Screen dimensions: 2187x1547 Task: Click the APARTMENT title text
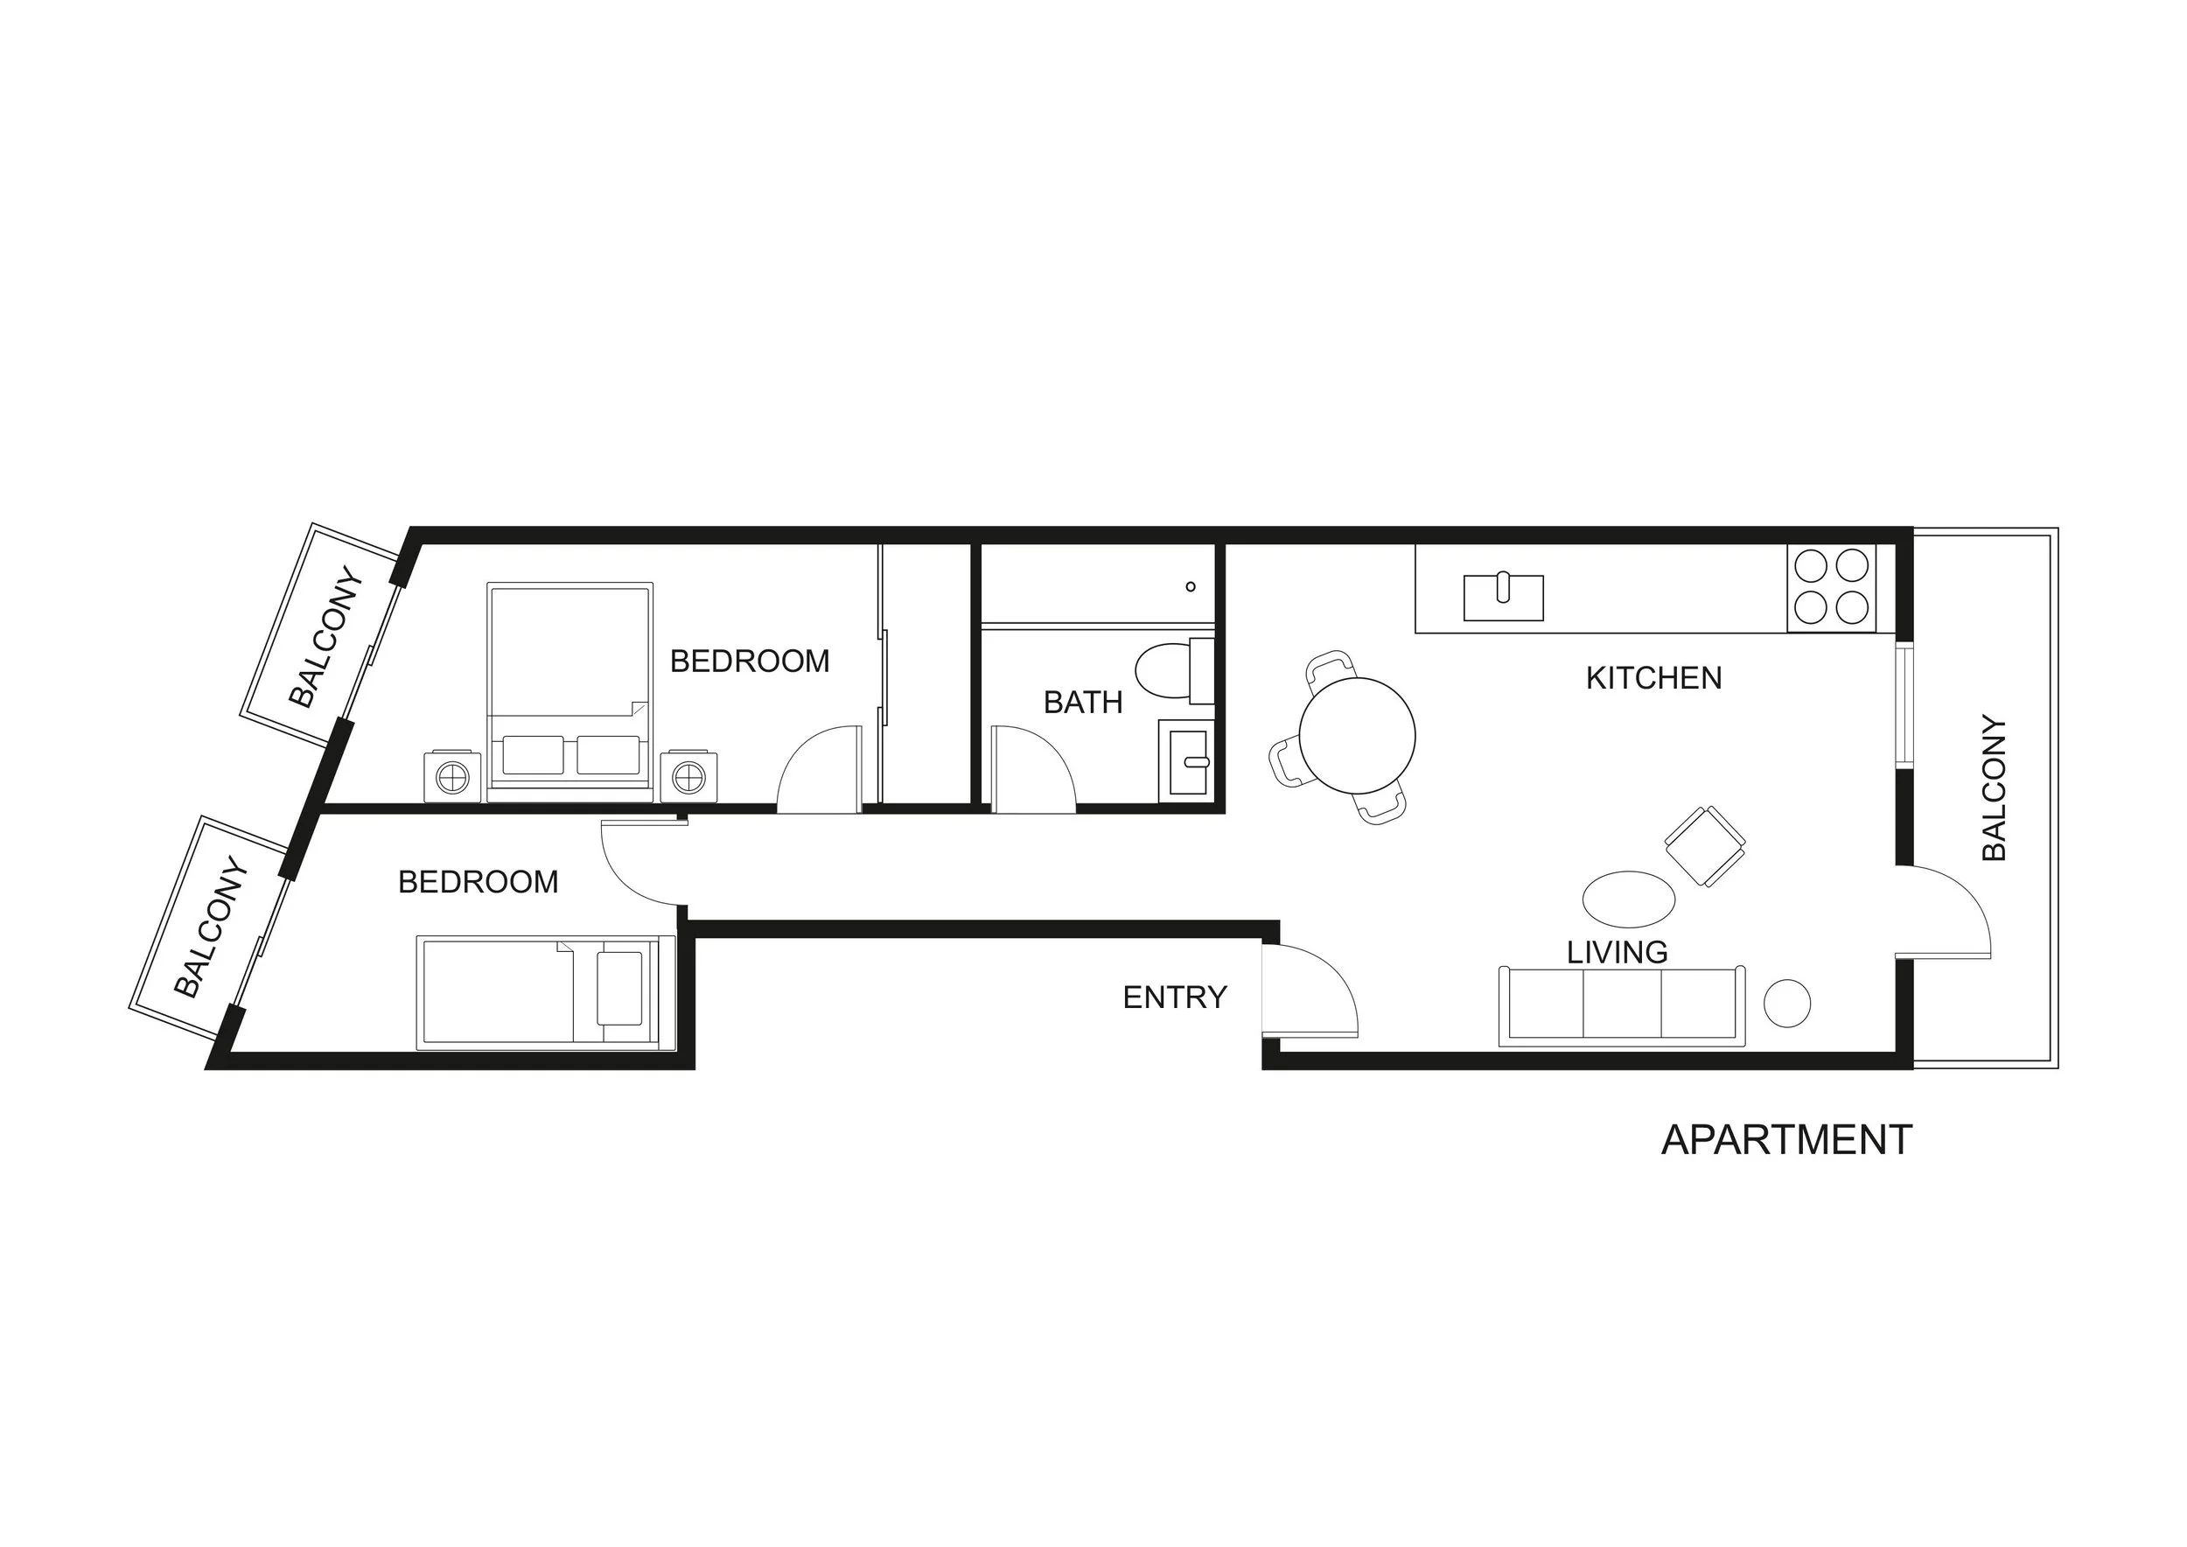tap(1786, 1140)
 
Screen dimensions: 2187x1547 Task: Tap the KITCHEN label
tap(1653, 678)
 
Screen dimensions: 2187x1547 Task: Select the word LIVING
tap(1618, 952)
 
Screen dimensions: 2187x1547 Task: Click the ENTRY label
tap(1175, 997)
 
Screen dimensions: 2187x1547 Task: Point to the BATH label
tap(1083, 702)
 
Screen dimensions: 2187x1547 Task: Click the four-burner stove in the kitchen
tap(1832, 588)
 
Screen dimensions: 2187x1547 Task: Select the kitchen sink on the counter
tap(1503, 597)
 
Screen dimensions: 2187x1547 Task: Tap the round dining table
tap(1358, 735)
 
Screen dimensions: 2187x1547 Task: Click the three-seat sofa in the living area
tap(1622, 1006)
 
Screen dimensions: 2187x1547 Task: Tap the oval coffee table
tap(1629, 899)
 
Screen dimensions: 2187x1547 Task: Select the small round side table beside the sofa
tap(1787, 1003)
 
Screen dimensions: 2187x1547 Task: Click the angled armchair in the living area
tap(1705, 846)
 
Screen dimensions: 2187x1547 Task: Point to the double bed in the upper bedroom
tap(569, 691)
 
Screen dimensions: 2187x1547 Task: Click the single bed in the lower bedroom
tap(546, 992)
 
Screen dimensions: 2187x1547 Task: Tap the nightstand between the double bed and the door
tap(688, 777)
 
